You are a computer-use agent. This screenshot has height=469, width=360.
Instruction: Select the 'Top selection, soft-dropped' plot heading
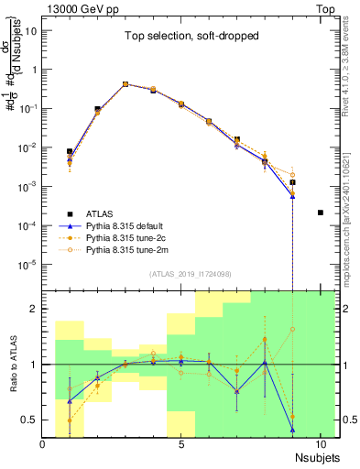pos(181,37)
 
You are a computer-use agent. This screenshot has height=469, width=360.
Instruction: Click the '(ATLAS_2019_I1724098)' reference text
pos(181,274)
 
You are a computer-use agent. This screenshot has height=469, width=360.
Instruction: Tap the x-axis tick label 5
pos(181,445)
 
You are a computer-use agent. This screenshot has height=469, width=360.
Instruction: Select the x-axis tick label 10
pos(320,445)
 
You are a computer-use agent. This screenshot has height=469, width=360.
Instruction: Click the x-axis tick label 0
pos(43,445)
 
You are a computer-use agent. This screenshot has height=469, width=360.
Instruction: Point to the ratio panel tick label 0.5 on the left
pos(29,420)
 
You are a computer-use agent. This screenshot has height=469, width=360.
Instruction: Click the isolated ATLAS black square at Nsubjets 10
pos(320,213)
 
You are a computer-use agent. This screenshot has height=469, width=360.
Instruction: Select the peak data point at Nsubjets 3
pos(125,83)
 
